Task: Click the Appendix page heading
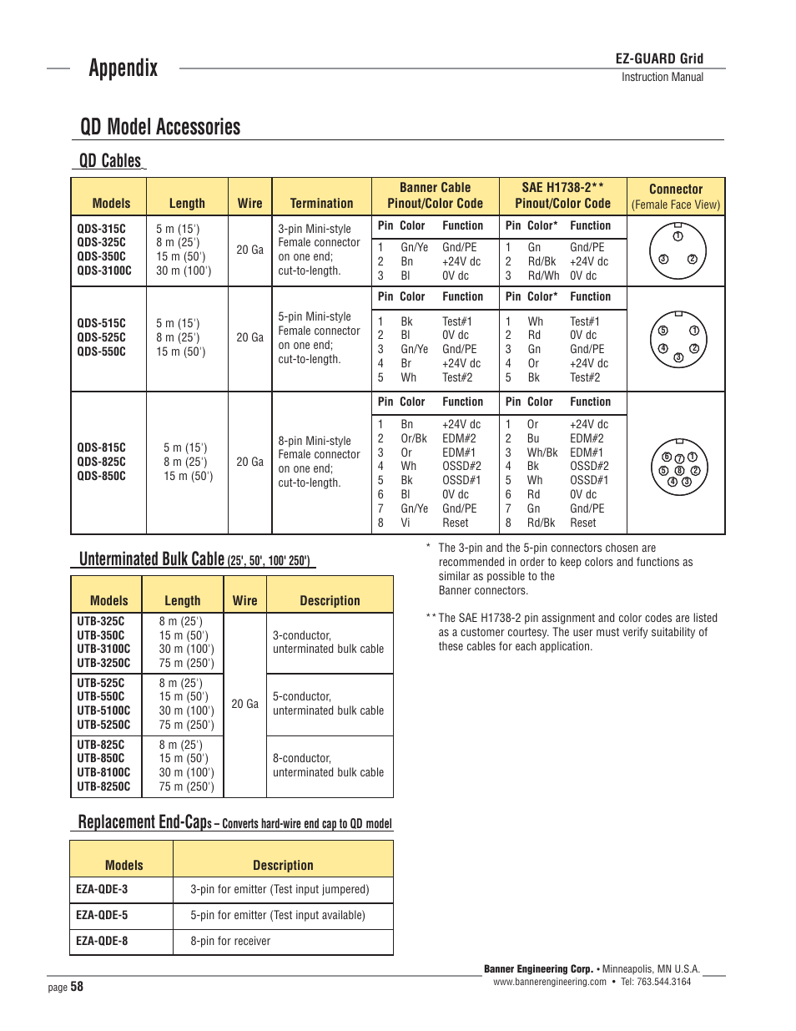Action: click(123, 68)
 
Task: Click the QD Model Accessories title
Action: click(160, 127)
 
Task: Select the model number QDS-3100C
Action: click(104, 270)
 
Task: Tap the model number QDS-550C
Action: click(101, 351)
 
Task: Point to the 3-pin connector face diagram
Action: click(678, 250)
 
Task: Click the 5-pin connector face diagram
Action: click(678, 340)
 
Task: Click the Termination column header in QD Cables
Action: click(321, 203)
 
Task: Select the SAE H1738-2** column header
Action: click(562, 195)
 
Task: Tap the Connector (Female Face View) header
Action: click(676, 196)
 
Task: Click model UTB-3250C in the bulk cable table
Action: click(103, 663)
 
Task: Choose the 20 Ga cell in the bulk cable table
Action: click(244, 704)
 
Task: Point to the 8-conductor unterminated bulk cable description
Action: click(328, 766)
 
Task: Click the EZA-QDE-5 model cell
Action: click(102, 915)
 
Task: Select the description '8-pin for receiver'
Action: click(230, 941)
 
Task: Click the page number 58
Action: click(77, 987)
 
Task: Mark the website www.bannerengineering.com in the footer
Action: click(549, 982)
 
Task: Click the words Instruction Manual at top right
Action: click(662, 77)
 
